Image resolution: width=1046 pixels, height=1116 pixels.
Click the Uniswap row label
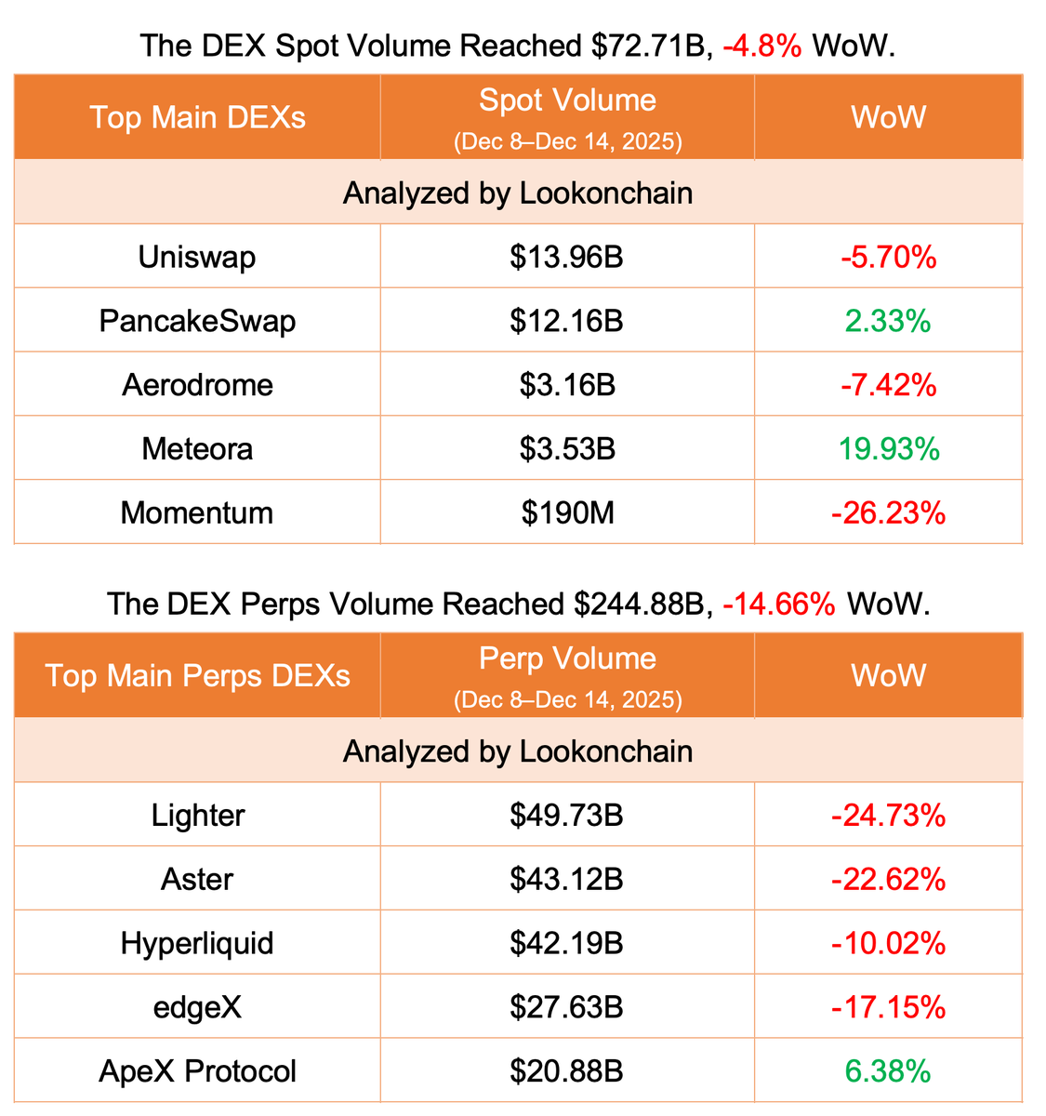197,257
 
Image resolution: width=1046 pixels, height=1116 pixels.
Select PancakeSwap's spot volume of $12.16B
566,321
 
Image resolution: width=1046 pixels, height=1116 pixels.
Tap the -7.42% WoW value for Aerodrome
888,385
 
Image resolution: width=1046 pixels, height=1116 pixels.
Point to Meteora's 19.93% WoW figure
888,449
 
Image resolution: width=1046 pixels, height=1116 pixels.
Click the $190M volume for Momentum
567,512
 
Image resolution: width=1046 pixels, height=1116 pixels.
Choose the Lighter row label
197,816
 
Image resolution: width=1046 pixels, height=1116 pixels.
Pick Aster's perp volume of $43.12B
566,879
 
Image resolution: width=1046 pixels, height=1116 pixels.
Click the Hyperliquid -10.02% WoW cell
888,943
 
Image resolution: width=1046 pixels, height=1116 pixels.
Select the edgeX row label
197,1007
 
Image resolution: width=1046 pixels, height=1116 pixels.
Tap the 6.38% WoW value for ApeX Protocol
888,1071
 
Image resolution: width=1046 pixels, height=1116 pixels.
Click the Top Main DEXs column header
197,118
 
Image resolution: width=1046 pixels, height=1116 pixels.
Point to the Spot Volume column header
567,100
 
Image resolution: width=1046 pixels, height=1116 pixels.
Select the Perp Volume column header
567,658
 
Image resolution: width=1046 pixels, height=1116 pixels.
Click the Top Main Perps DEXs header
197,675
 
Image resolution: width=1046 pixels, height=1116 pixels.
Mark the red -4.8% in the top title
761,46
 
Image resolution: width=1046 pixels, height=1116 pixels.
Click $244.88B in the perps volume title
639,604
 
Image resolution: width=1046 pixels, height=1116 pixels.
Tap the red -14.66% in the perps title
779,604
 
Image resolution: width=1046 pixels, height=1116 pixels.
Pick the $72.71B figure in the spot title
650,46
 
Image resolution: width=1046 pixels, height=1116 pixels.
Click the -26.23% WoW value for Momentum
888,512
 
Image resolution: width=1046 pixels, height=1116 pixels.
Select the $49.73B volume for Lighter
566,816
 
